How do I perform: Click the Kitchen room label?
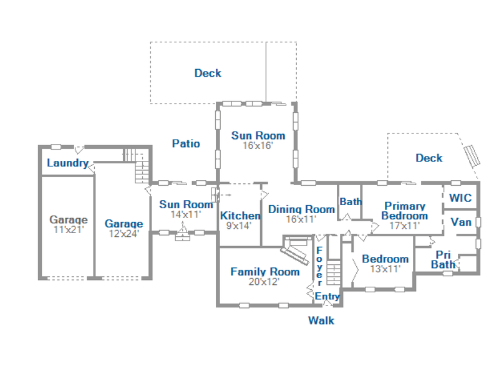point(240,216)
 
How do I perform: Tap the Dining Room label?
point(301,209)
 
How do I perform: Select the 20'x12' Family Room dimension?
point(264,282)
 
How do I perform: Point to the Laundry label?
point(68,163)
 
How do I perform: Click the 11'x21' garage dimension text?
point(69,229)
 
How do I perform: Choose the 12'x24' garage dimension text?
point(124,234)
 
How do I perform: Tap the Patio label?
point(186,143)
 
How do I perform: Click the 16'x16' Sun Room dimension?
point(258,146)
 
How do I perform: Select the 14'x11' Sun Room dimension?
point(186,214)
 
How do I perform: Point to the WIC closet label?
point(460,198)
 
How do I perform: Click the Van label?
point(461,222)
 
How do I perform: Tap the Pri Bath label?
point(443,259)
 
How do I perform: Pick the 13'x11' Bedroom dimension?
point(385,269)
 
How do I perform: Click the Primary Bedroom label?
point(405,211)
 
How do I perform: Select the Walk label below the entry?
point(321,320)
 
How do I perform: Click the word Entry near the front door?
point(327,297)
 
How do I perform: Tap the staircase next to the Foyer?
point(334,272)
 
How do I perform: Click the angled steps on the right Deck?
point(472,156)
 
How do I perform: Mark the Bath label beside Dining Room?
point(351,201)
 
